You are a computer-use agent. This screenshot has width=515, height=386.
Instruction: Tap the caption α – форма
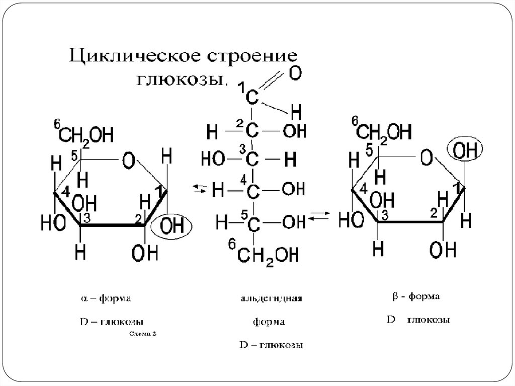[106, 299]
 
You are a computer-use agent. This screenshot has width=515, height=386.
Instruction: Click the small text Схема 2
[143, 333]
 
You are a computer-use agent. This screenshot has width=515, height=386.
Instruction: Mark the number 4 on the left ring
[66, 193]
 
